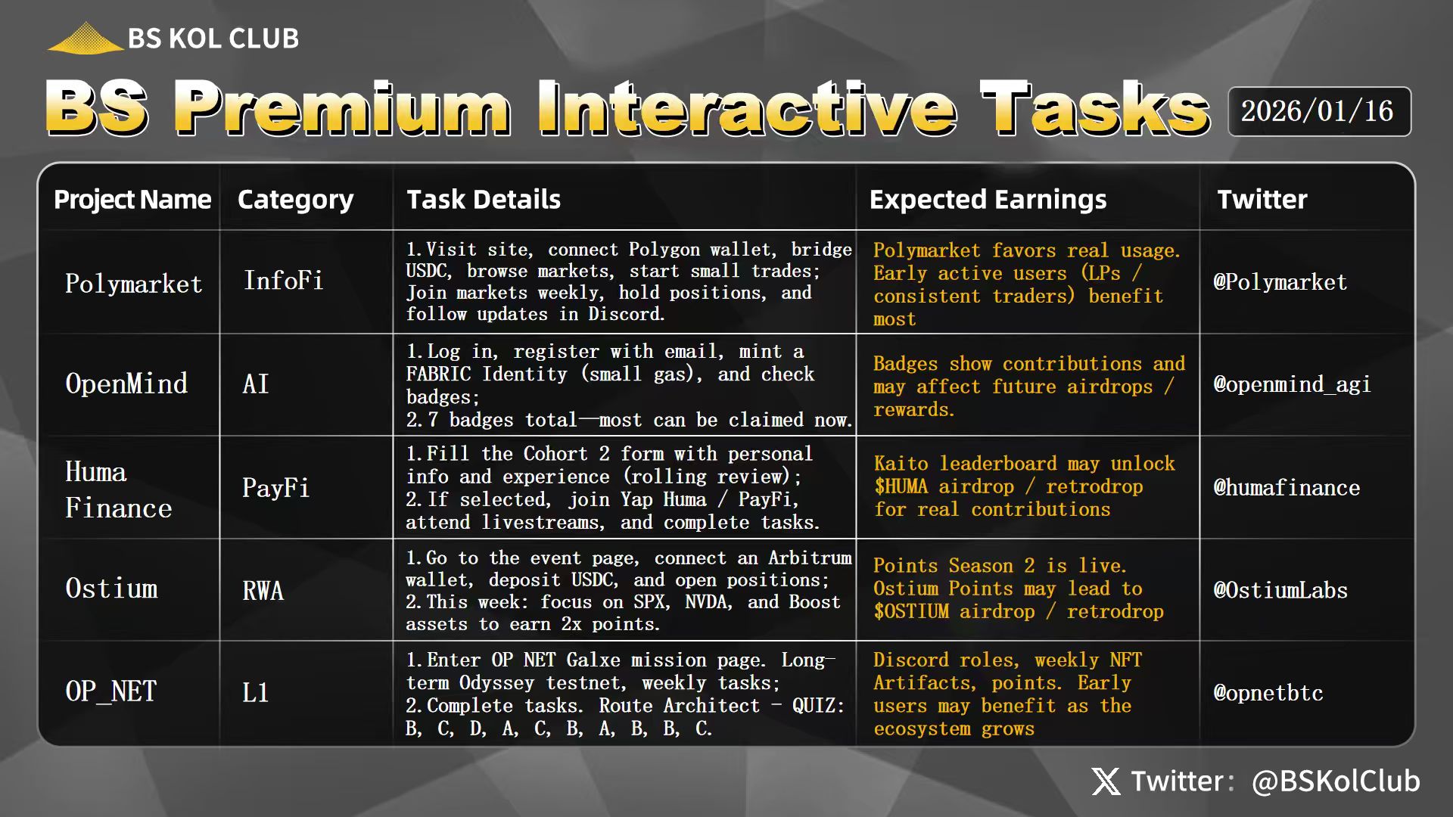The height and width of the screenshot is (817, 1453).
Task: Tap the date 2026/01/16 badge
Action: point(1319,111)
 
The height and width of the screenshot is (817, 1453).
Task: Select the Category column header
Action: point(295,200)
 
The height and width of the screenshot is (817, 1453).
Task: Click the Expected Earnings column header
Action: point(988,200)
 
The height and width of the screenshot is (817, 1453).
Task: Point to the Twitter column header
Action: point(1262,200)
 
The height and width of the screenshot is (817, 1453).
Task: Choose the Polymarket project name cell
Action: point(134,284)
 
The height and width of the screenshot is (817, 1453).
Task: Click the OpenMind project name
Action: point(126,384)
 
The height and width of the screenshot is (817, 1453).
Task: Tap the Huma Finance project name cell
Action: point(119,489)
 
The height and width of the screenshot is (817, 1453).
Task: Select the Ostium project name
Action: point(112,589)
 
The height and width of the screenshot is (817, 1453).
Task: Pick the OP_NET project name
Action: point(111,691)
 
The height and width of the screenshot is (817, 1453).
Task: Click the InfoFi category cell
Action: point(283,281)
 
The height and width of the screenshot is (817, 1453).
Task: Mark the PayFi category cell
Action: point(276,488)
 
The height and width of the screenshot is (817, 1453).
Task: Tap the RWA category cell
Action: point(263,591)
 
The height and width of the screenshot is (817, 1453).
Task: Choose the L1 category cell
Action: point(256,692)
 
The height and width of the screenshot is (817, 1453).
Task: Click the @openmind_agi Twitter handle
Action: point(1292,384)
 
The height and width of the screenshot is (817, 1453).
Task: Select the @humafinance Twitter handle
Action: point(1287,487)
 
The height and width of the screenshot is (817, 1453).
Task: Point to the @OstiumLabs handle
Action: point(1280,590)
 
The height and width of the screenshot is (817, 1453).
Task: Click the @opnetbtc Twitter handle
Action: point(1268,693)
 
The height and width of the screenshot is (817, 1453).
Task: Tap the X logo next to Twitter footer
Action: point(1106,781)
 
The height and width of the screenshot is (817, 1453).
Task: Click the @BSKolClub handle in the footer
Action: point(1336,781)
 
